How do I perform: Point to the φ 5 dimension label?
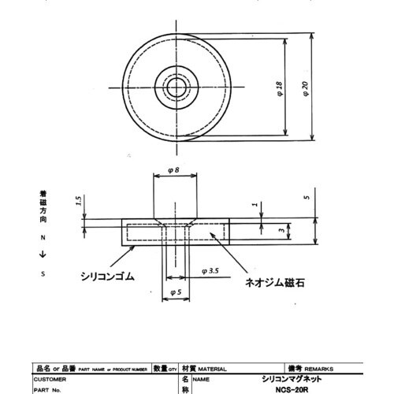177,294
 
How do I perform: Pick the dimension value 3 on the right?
281,231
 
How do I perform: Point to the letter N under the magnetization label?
43,236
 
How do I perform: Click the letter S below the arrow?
43,273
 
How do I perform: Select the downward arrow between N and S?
43,254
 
